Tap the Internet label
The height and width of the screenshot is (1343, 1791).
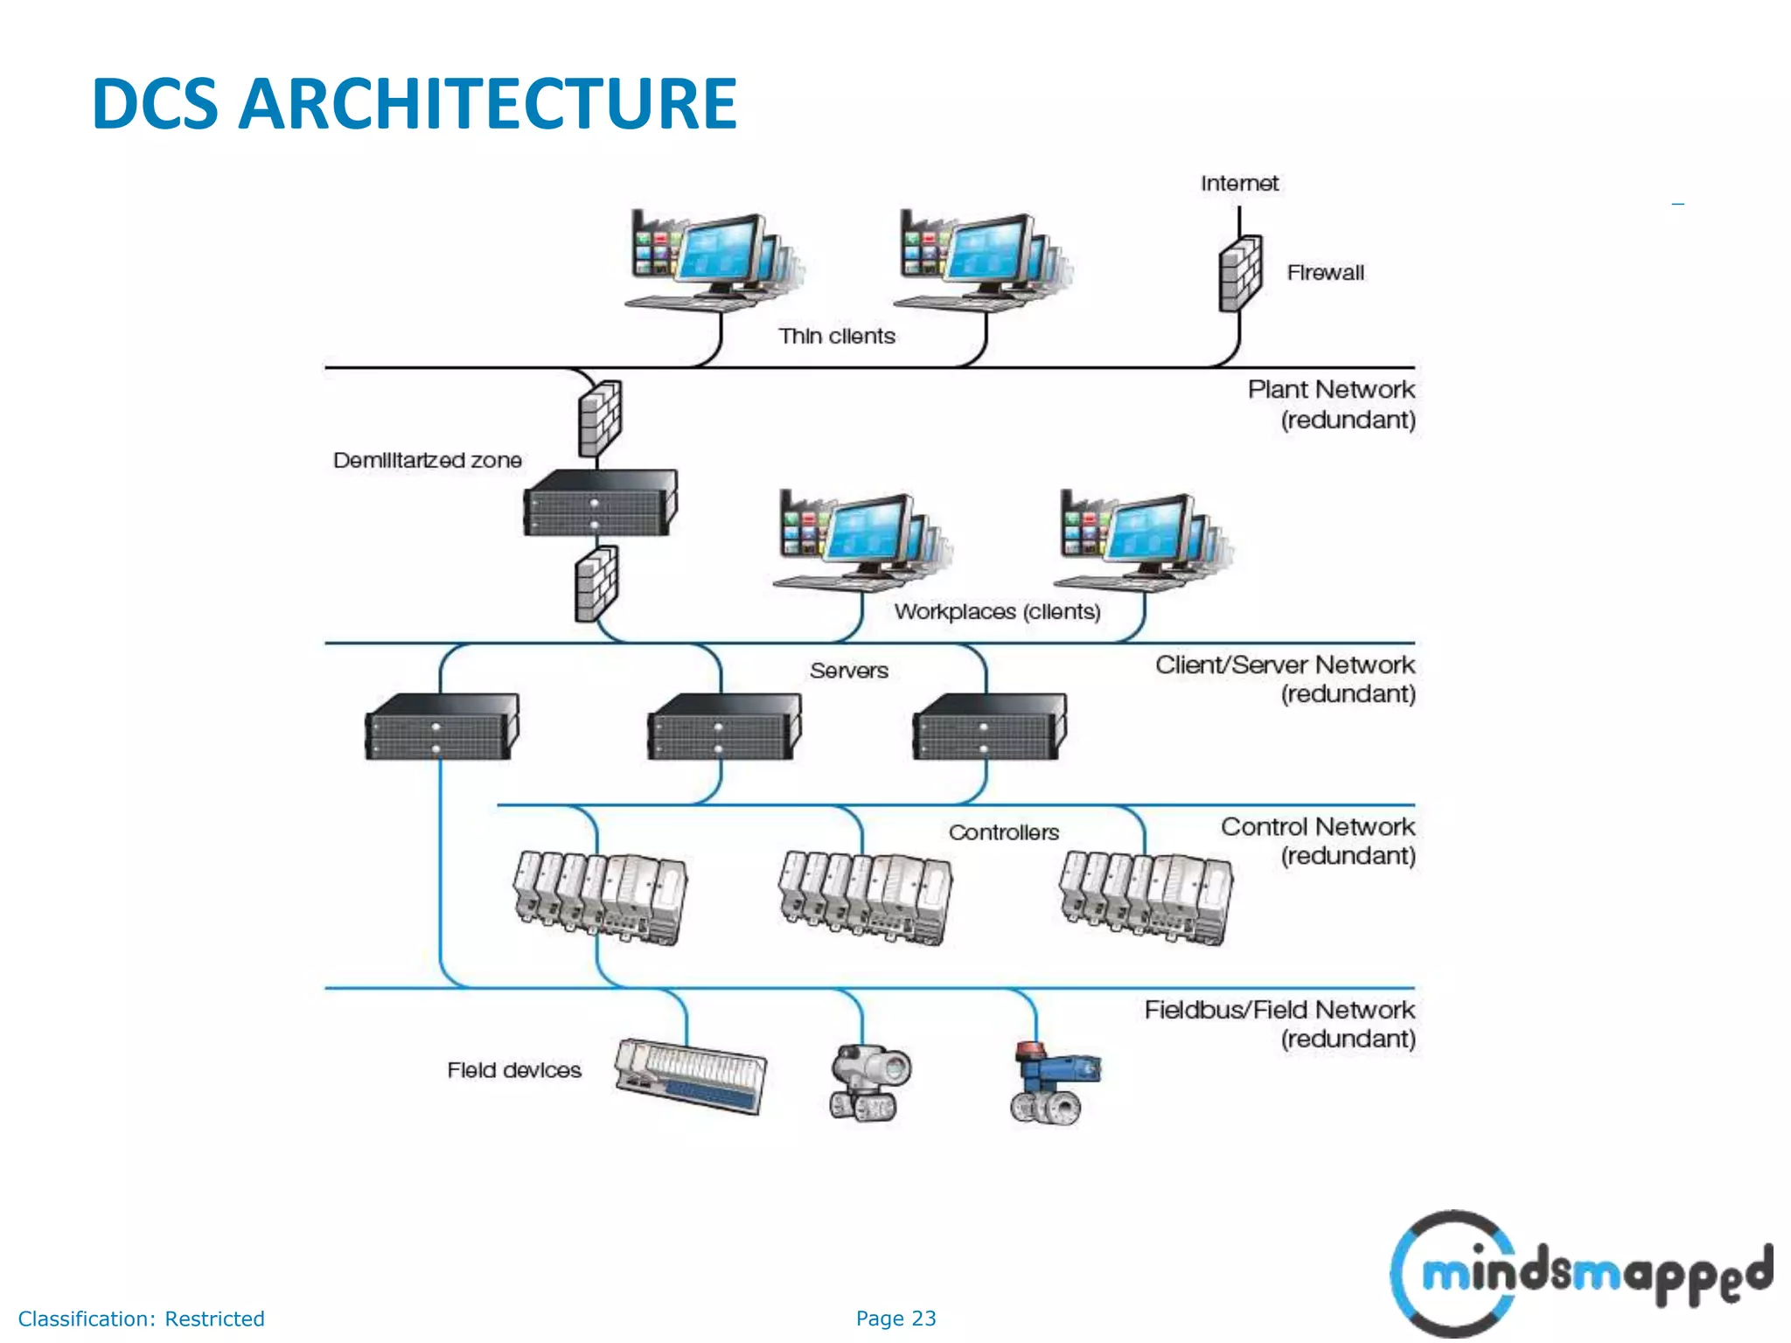pyautogui.click(x=1238, y=184)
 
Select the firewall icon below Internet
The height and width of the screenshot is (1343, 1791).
pyautogui.click(x=1240, y=274)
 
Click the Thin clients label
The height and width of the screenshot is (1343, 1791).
pyautogui.click(x=837, y=337)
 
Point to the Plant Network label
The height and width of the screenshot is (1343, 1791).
pyautogui.click(x=1330, y=390)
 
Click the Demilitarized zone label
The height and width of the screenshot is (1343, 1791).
pyautogui.click(x=427, y=461)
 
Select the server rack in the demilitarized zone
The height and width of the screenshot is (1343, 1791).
pyautogui.click(x=600, y=504)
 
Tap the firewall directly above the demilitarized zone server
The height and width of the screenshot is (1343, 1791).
pyautogui.click(x=600, y=418)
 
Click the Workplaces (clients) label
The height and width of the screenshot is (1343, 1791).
pyautogui.click(x=996, y=611)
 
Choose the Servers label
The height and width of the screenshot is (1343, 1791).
pyautogui.click(x=848, y=671)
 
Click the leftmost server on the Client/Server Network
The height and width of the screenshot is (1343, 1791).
pyautogui.click(x=441, y=727)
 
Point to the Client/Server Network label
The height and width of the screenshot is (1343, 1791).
pyautogui.click(x=1284, y=665)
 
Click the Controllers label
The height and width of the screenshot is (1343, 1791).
pyautogui.click(x=1003, y=832)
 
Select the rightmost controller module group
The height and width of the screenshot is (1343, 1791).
pyautogui.click(x=1146, y=898)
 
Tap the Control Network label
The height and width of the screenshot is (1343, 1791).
pyautogui.click(x=1317, y=827)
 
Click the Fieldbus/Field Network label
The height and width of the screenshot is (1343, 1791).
pyautogui.click(x=1279, y=1011)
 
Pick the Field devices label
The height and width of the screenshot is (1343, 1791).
pyautogui.click(x=513, y=1070)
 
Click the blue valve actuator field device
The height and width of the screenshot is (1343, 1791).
pyautogui.click(x=1054, y=1082)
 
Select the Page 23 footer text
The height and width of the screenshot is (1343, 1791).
pyautogui.click(x=895, y=1319)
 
